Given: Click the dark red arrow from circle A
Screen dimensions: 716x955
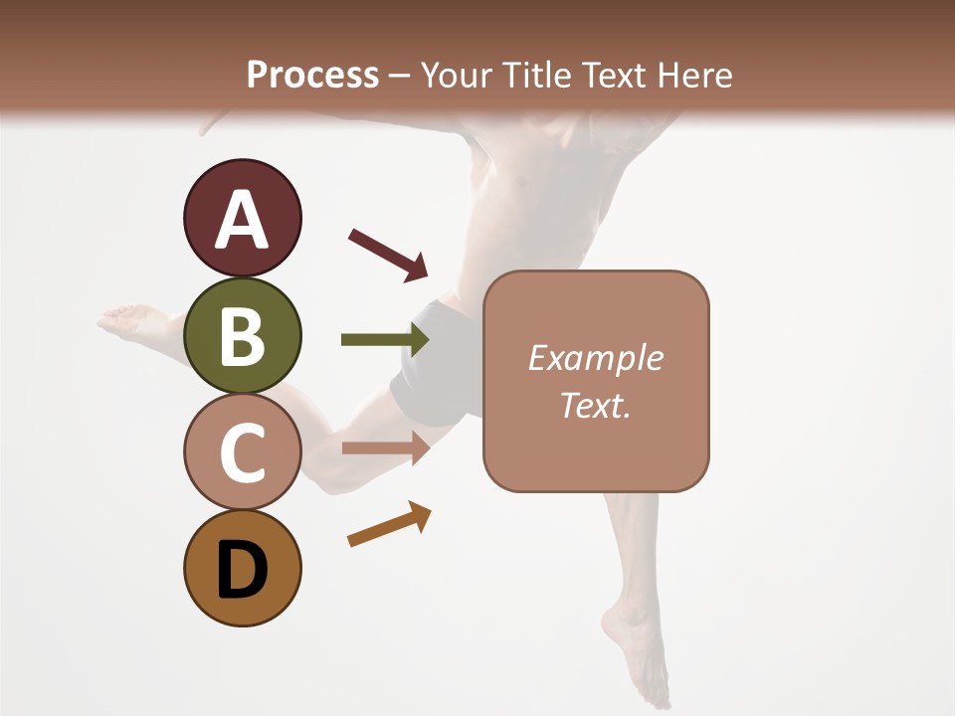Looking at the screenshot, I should [388, 254].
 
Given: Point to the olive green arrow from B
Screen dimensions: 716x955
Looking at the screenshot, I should [385, 340].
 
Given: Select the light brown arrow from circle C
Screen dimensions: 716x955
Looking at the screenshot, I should [385, 448].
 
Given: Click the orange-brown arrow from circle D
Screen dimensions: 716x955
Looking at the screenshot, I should [389, 524].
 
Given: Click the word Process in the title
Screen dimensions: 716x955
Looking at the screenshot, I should [312, 75].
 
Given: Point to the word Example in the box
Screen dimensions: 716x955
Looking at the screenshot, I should [595, 358].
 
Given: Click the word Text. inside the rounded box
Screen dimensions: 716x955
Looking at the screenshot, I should [595, 406].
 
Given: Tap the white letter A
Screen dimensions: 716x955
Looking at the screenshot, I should [242, 221].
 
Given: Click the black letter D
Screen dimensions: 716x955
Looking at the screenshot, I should [242, 571].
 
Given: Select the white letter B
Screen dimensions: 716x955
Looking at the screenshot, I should [242, 338].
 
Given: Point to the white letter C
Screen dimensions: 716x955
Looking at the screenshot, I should [242, 453].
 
